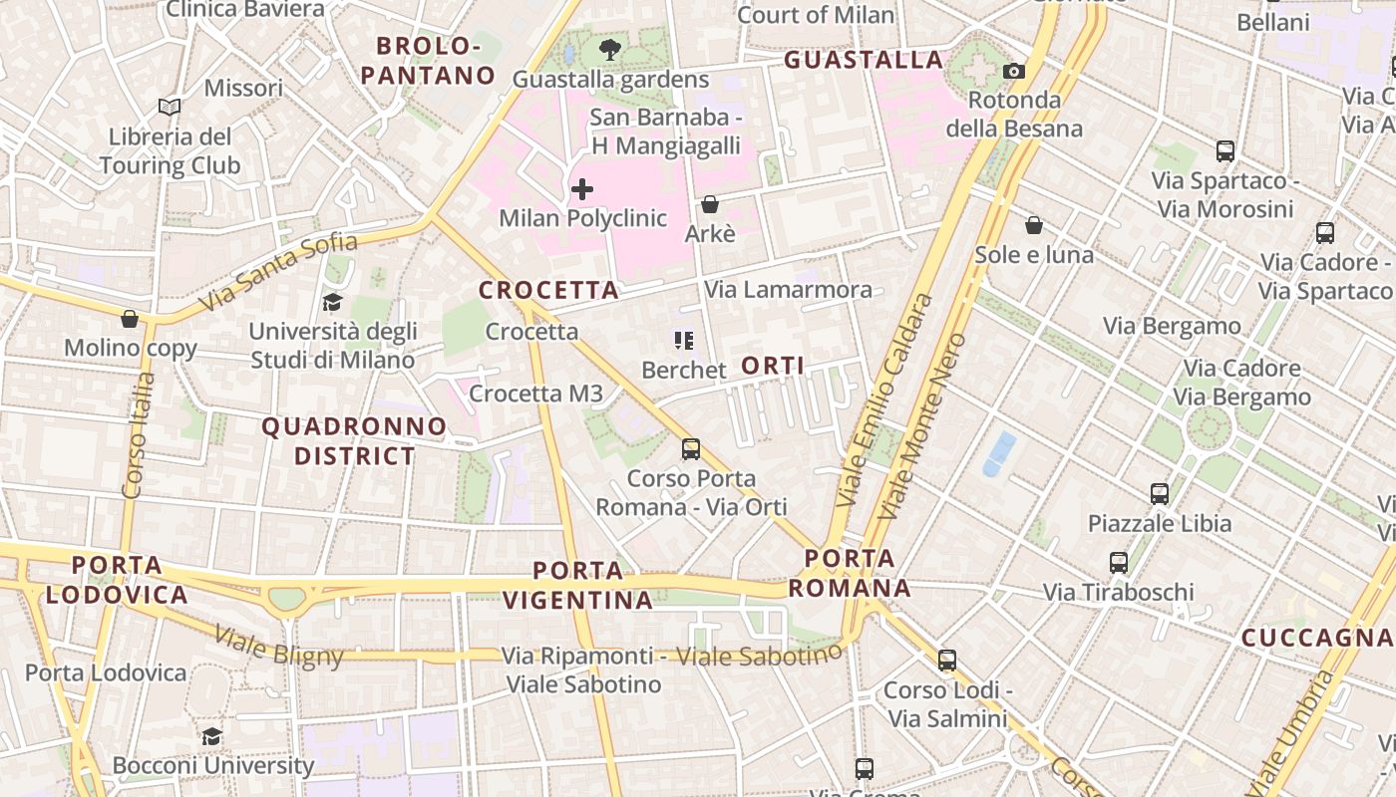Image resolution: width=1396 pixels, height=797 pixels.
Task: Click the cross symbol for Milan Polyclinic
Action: (x=582, y=188)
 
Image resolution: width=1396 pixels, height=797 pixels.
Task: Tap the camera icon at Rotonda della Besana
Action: (x=1014, y=71)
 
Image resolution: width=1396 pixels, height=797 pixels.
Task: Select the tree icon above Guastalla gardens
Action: (x=610, y=49)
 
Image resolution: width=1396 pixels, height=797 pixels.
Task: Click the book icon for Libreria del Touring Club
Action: (x=170, y=107)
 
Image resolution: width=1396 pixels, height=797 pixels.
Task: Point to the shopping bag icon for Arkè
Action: (x=710, y=204)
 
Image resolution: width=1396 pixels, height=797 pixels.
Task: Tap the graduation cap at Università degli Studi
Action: (x=332, y=301)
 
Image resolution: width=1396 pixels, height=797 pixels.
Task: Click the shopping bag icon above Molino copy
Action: (x=130, y=319)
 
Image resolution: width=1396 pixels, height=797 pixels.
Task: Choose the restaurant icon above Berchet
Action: (x=683, y=341)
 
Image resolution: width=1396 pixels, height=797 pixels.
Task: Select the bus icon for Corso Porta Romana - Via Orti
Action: (x=691, y=448)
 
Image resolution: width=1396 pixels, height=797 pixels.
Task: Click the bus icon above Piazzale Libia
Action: (x=1159, y=493)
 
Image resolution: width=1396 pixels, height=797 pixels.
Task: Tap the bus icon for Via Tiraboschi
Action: (x=1119, y=562)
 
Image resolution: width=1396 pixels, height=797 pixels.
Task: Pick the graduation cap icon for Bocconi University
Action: (x=211, y=736)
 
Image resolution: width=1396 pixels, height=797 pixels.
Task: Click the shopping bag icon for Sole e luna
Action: (x=1034, y=225)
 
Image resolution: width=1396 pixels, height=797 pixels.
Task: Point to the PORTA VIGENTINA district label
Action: (x=578, y=585)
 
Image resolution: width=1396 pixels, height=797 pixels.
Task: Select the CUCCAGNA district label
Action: (x=1316, y=638)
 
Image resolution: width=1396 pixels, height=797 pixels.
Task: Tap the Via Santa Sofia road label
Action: (x=278, y=270)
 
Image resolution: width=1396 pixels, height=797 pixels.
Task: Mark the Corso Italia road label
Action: (x=136, y=434)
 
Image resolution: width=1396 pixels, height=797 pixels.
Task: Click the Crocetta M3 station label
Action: (x=535, y=394)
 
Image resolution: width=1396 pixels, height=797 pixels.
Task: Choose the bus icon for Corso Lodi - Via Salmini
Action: (x=947, y=660)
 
